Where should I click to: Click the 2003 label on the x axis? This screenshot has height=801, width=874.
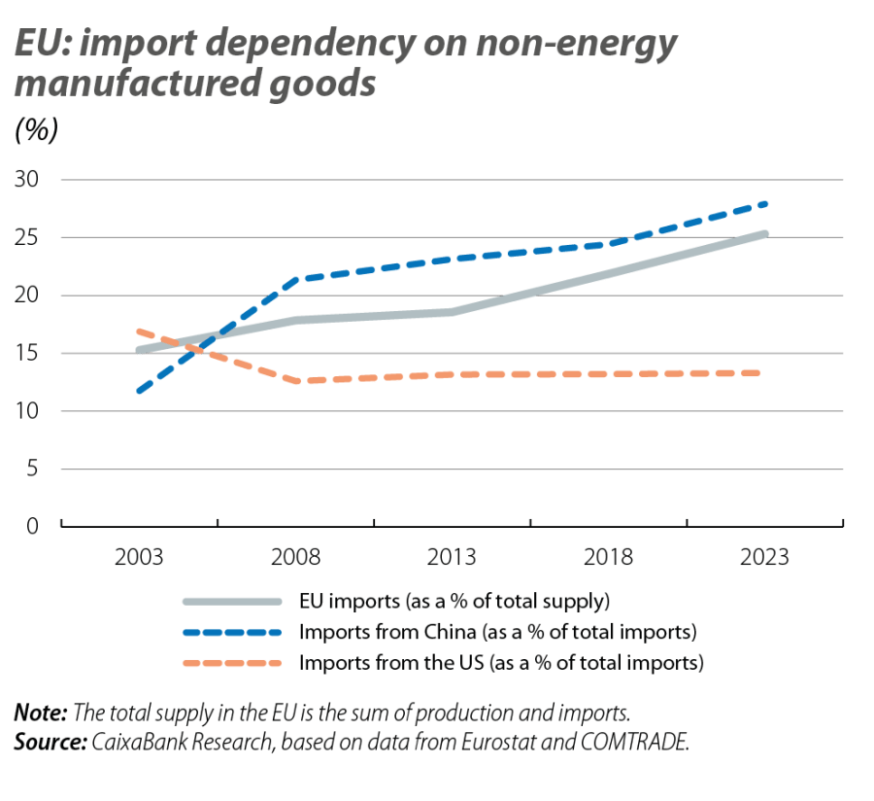139,559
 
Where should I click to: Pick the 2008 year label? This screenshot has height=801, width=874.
295,559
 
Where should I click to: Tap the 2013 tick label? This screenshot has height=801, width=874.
452,559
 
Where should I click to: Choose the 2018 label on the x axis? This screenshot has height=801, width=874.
608,559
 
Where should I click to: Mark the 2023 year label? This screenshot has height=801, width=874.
764,559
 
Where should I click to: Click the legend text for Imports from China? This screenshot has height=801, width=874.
499,632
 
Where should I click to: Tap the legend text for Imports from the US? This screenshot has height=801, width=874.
502,664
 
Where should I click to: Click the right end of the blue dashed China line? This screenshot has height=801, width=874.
767,202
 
